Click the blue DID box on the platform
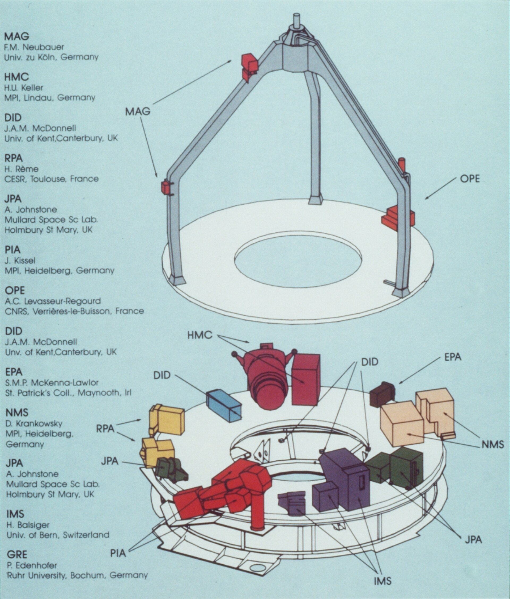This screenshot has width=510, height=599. click(x=224, y=406)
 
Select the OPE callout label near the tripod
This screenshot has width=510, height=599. click(x=470, y=179)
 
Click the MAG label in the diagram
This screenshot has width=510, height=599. click(x=138, y=111)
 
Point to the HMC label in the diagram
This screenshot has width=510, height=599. click(x=200, y=335)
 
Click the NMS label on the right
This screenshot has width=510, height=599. click(x=493, y=444)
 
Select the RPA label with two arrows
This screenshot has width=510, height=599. click(x=105, y=429)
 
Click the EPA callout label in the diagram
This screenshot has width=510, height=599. click(x=453, y=357)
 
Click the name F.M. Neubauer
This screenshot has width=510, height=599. click(x=34, y=47)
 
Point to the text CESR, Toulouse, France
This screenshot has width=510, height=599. click(x=51, y=179)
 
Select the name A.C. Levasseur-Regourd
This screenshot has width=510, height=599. click(x=53, y=301)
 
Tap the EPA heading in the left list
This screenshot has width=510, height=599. click(x=14, y=372)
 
